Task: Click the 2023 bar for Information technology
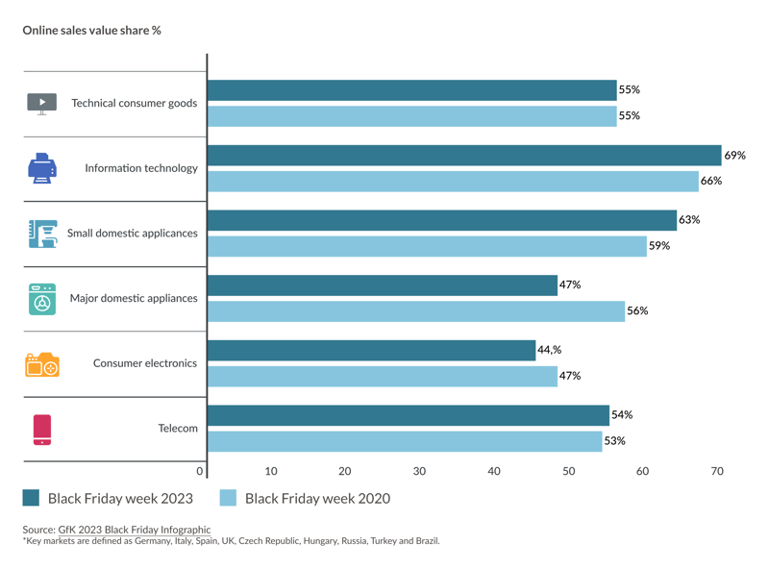[x=463, y=156]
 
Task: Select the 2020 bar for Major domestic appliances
[x=415, y=311]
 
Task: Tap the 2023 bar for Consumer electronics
[x=371, y=351]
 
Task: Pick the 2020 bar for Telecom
[x=404, y=441]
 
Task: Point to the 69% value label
[x=735, y=156]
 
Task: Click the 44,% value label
[x=550, y=351]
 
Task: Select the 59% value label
[x=659, y=246]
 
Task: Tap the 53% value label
[x=614, y=441]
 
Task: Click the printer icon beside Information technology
[x=42, y=168]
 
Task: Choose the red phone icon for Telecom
[x=42, y=429]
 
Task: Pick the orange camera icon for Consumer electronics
[x=42, y=364]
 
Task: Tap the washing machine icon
[x=42, y=299]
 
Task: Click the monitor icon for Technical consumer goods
[x=42, y=104]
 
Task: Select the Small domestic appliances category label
[x=132, y=234]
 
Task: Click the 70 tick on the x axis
[x=717, y=471]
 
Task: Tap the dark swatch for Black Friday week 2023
[x=32, y=498]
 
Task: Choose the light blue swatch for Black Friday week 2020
[x=228, y=498]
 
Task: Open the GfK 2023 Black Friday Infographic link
[x=134, y=530]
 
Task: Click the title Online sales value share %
[x=91, y=31]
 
